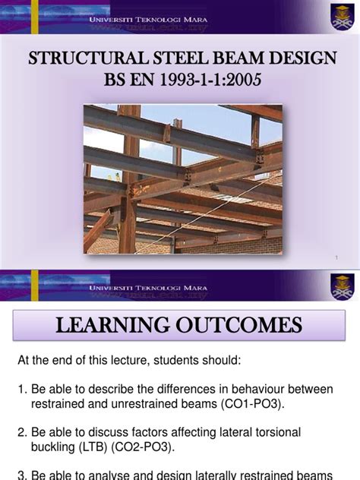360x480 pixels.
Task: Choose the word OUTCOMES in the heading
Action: [243, 326]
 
